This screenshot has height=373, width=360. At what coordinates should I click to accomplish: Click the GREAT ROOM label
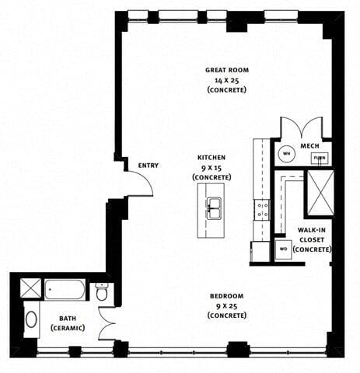coord(226,70)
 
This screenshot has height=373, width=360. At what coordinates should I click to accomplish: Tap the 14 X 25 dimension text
coord(226,80)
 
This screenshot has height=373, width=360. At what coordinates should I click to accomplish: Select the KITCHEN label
coord(211,157)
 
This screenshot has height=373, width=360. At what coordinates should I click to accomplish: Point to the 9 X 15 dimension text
coord(211,167)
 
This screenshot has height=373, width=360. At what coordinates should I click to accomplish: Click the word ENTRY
coord(149,166)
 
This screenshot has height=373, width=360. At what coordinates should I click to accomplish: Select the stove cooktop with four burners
coord(262,208)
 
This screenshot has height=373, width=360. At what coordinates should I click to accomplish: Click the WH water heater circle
coord(285,153)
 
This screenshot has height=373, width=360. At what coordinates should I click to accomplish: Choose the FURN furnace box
coord(319,158)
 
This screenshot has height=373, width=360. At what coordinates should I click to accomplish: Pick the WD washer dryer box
coord(282,250)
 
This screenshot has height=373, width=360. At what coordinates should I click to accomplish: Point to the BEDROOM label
coord(226,296)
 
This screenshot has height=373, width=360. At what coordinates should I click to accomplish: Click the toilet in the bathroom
coord(102,293)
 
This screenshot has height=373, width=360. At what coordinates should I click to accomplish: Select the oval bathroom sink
coord(31,319)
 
